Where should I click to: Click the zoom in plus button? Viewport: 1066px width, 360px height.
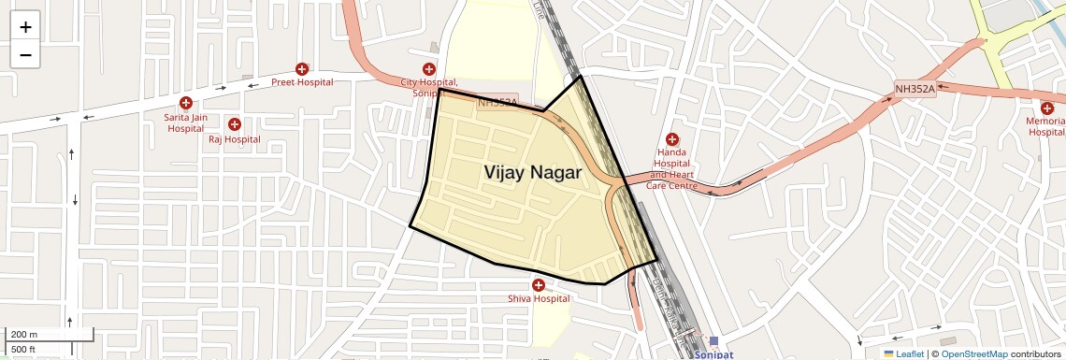point(25,26)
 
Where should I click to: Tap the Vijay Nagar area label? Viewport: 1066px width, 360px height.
point(532,173)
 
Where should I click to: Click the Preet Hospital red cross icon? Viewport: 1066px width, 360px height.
point(302,69)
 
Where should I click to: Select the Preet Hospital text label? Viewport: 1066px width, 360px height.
point(302,82)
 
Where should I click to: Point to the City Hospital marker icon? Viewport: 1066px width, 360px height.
point(429,69)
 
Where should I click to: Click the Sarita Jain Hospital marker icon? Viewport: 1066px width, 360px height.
point(186,103)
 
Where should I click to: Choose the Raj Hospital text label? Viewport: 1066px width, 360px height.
point(234,139)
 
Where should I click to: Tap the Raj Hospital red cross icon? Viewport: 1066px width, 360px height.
point(234,124)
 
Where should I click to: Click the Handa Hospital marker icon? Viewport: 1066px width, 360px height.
point(672,139)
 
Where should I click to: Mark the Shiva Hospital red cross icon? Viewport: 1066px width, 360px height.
point(538,285)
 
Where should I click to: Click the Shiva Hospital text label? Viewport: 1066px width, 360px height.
point(538,299)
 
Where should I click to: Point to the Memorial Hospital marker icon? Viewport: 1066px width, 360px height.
point(1046,108)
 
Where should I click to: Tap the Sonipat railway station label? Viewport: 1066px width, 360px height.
point(713,355)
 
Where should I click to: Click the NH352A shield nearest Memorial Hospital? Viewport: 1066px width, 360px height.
point(914,89)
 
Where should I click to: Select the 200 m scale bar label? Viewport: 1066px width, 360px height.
point(24,335)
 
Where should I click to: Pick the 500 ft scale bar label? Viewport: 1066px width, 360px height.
point(24,349)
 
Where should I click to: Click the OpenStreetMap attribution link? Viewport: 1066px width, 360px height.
point(973,354)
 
